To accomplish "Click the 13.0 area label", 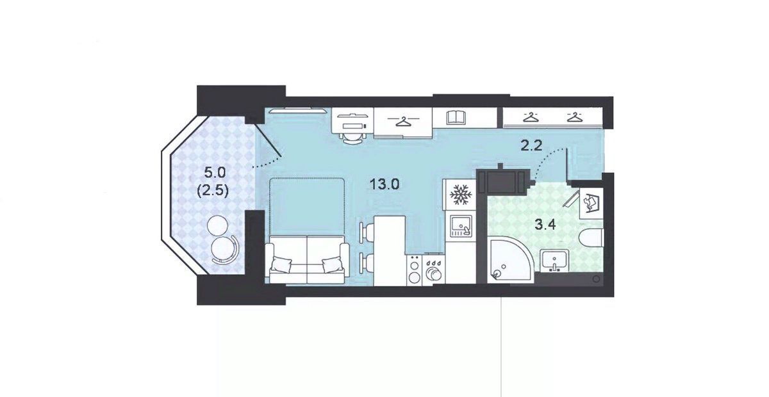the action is click(384, 184).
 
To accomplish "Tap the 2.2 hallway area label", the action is click(531, 146).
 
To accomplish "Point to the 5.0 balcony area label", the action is click(215, 172).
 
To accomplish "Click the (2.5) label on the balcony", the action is click(213, 190).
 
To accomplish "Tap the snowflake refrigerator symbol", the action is click(459, 195).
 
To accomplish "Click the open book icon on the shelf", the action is click(456, 117).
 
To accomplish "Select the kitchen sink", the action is click(461, 226).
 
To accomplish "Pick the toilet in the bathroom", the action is click(590, 238).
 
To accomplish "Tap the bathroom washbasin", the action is click(554, 261).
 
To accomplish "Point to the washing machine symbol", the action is click(591, 203).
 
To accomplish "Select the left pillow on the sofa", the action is click(281, 264).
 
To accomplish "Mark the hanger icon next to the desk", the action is click(403, 121).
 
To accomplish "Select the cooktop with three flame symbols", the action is click(434, 270).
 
